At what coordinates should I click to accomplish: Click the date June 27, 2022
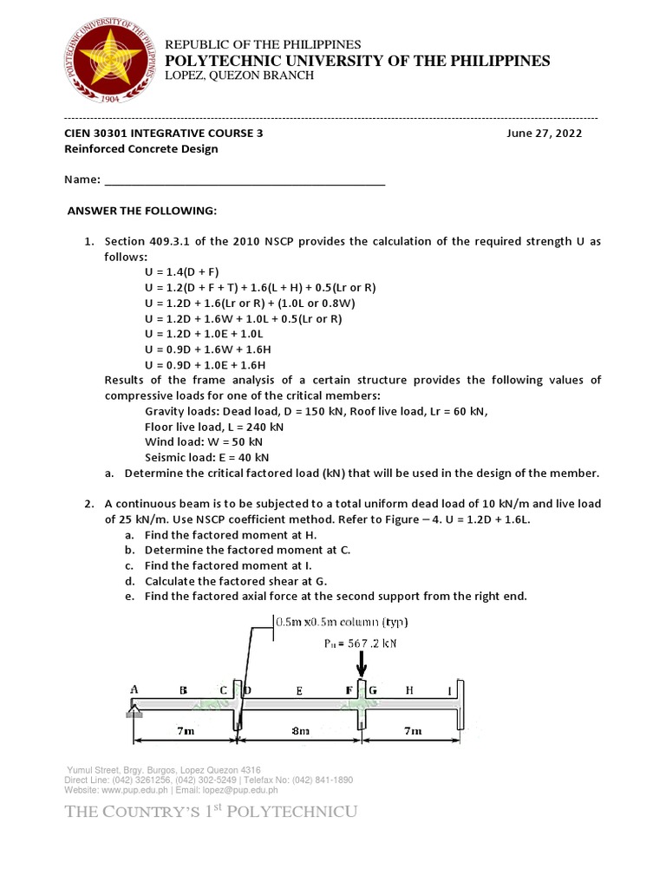coord(545,134)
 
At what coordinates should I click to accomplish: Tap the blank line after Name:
coord(244,181)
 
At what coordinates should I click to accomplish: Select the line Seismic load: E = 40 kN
coord(207,457)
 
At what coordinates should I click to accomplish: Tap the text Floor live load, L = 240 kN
coord(214,427)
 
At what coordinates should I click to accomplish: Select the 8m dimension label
coord(300,732)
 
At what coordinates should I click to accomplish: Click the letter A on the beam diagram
coord(134,689)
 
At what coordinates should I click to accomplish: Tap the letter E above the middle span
coord(298,691)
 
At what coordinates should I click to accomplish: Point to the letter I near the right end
coord(449,691)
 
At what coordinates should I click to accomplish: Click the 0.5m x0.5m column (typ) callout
coord(341,623)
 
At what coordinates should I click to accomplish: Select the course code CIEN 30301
coord(100,134)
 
